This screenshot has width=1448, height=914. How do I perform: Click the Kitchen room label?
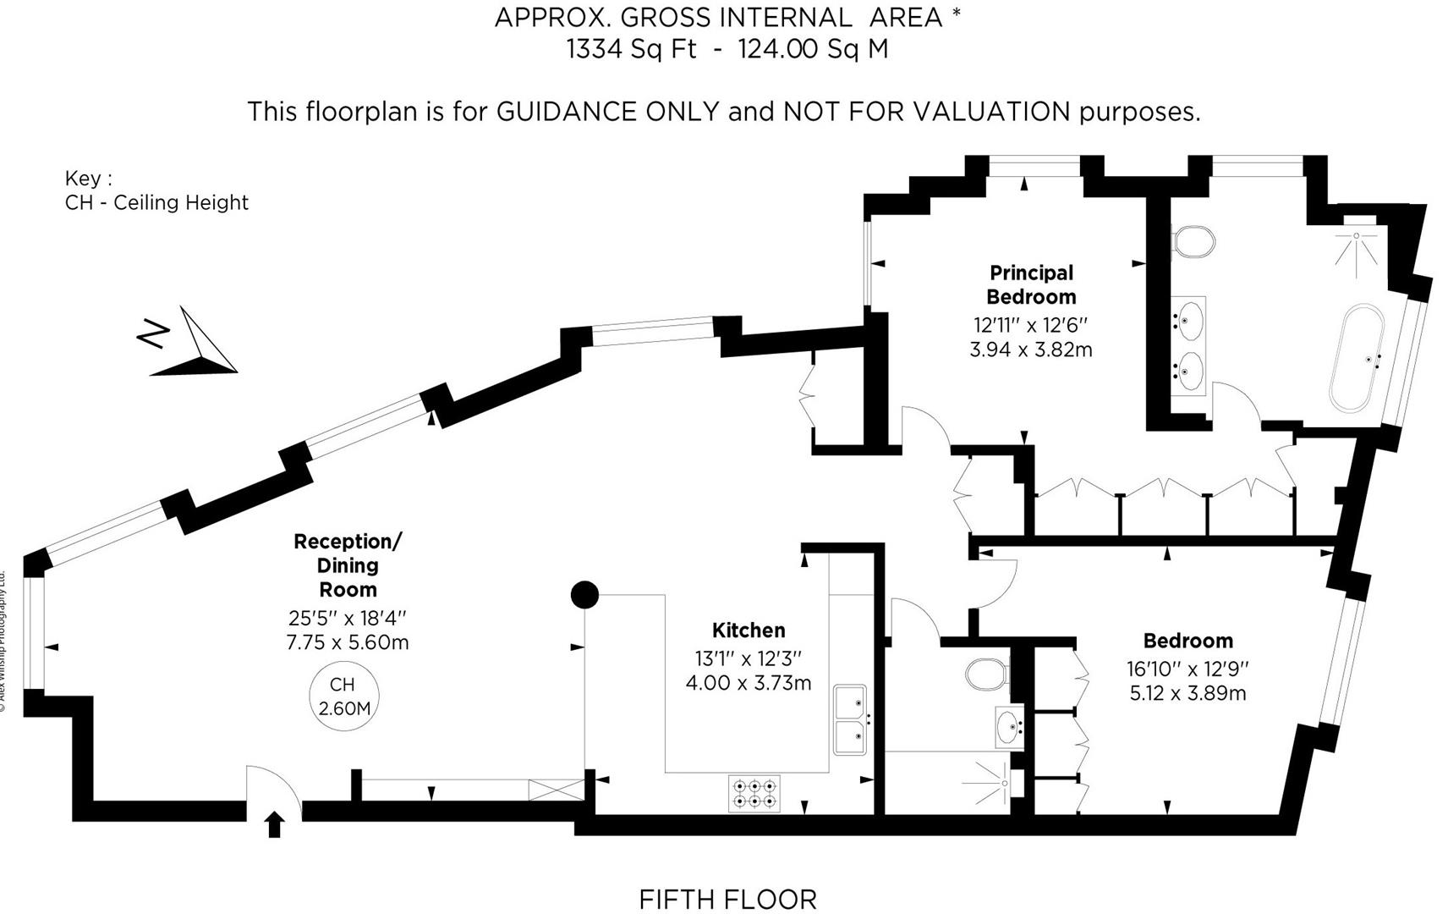(x=749, y=630)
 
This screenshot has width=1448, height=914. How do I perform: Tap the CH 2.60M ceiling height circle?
(x=343, y=696)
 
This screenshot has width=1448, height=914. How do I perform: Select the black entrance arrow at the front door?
(x=274, y=824)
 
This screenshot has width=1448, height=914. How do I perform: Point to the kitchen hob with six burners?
(x=754, y=793)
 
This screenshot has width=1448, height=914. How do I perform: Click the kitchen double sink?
(x=850, y=719)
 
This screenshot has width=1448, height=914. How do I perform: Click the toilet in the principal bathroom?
(x=1193, y=241)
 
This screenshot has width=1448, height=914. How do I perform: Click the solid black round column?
(x=584, y=595)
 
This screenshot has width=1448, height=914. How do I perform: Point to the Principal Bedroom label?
(x=1031, y=284)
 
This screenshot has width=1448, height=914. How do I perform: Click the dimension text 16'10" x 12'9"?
(x=1187, y=669)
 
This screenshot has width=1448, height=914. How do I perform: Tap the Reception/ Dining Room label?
(x=348, y=564)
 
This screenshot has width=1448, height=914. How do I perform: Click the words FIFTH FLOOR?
(x=727, y=899)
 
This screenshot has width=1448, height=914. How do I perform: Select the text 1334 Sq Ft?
(x=631, y=49)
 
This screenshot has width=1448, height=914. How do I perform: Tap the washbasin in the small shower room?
(x=1009, y=726)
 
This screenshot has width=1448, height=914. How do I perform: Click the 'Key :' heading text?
(x=88, y=179)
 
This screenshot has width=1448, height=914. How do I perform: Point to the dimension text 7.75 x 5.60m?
(x=348, y=642)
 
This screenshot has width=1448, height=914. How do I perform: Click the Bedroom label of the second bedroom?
(x=1187, y=641)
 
